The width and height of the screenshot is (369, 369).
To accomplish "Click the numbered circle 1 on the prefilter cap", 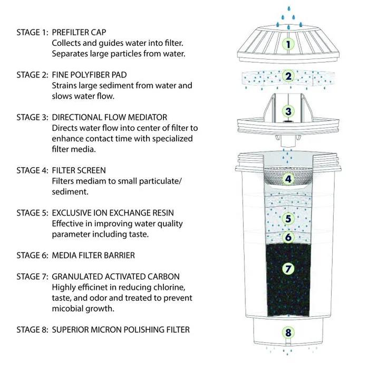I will [x=288, y=44].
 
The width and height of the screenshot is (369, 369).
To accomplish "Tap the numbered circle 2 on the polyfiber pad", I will [x=288, y=76].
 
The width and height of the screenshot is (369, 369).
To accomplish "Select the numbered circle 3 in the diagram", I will [x=288, y=111].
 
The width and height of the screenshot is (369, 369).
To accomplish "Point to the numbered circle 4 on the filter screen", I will [x=288, y=179].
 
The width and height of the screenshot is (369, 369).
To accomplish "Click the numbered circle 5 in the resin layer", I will [x=288, y=218].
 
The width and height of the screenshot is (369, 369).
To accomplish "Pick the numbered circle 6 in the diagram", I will [x=288, y=237].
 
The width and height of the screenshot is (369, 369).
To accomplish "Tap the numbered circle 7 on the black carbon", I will [x=288, y=268].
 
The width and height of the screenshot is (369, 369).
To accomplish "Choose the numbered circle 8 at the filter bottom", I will [x=288, y=333].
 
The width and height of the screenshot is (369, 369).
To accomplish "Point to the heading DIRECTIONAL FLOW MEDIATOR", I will [x=110, y=118].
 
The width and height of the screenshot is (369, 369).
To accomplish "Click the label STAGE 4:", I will [x=32, y=170].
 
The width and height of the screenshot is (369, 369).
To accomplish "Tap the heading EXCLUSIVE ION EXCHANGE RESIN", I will [x=113, y=213].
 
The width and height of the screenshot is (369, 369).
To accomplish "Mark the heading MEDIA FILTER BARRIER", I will [x=93, y=256].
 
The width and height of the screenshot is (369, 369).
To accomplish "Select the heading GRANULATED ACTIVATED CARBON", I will [x=116, y=277].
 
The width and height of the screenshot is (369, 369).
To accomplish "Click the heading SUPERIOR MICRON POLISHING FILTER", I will [x=121, y=330].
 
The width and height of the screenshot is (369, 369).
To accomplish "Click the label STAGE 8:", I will [x=32, y=330].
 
